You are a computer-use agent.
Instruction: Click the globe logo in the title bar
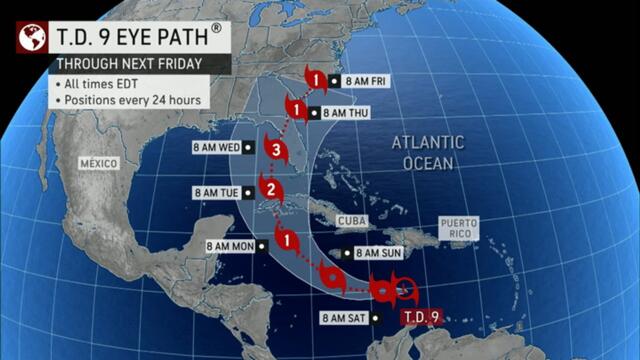32,37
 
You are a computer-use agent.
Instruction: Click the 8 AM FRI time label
366,80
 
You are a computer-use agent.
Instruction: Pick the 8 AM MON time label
233,245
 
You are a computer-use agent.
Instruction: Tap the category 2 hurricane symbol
269,188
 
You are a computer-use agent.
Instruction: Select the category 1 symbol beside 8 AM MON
288,240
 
